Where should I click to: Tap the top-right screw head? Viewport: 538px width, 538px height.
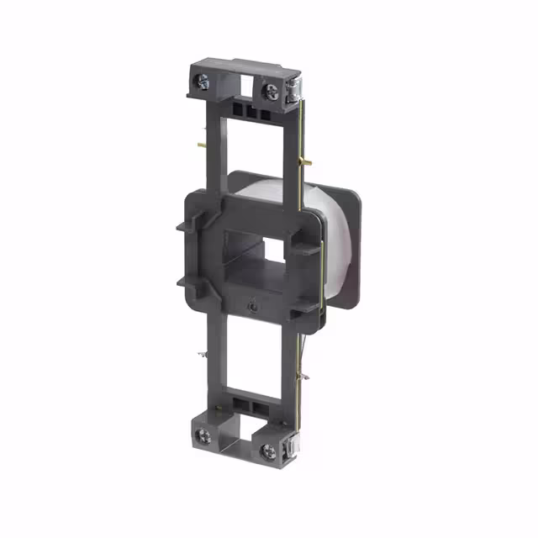coord(271,90)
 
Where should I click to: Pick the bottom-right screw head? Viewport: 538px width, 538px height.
coord(269,448)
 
